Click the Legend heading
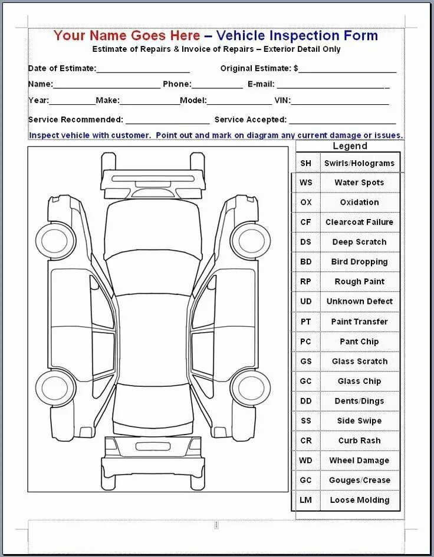(350, 147)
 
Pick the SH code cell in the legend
(305, 163)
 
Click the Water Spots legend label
(359, 183)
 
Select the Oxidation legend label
(359, 202)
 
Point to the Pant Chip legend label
(359, 342)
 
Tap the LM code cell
(305, 500)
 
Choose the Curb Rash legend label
(359, 440)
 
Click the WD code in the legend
(305, 460)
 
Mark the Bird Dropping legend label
(359, 261)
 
